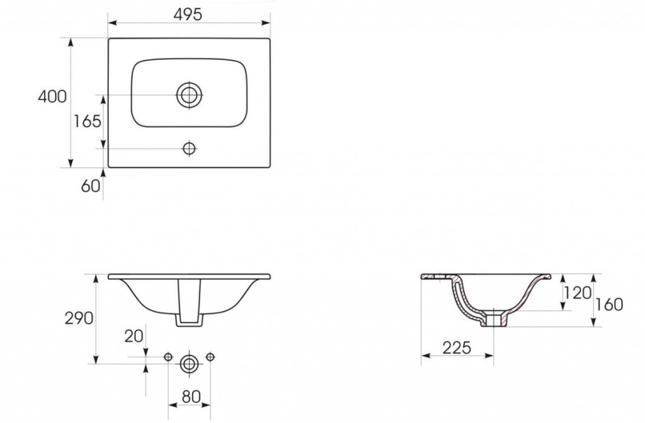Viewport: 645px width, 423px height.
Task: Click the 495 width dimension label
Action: (188, 15)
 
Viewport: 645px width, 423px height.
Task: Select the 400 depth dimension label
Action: (52, 96)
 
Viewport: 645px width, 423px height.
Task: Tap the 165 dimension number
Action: (87, 121)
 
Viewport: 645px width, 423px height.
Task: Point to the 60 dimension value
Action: (91, 186)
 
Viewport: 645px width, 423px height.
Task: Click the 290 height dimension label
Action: (79, 318)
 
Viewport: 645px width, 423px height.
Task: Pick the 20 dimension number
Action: (134, 336)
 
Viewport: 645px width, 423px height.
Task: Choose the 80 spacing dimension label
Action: (191, 397)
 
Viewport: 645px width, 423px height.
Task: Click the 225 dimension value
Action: (457, 347)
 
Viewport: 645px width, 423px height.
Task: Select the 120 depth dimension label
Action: (578, 293)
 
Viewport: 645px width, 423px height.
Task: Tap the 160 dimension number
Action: (609, 305)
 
